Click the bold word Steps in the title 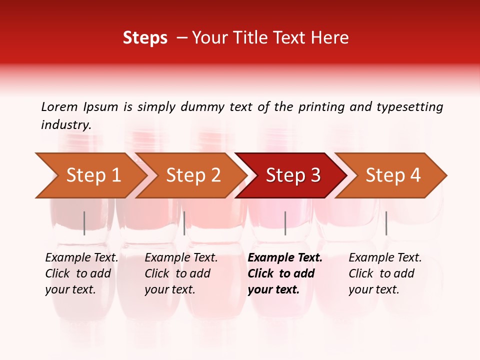click(x=145, y=38)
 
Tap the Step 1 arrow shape click(x=93, y=175)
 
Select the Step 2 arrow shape click(x=193, y=175)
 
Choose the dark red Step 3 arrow click(x=293, y=175)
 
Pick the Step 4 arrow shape click(x=393, y=175)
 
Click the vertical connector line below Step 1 click(x=84, y=223)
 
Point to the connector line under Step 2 click(x=184, y=223)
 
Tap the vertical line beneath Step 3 click(x=285, y=223)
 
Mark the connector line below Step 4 click(x=386, y=223)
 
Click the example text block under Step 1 click(x=81, y=273)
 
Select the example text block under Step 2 click(x=181, y=273)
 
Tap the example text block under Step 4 click(x=385, y=273)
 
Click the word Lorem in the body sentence click(x=59, y=106)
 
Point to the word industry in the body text click(x=66, y=125)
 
